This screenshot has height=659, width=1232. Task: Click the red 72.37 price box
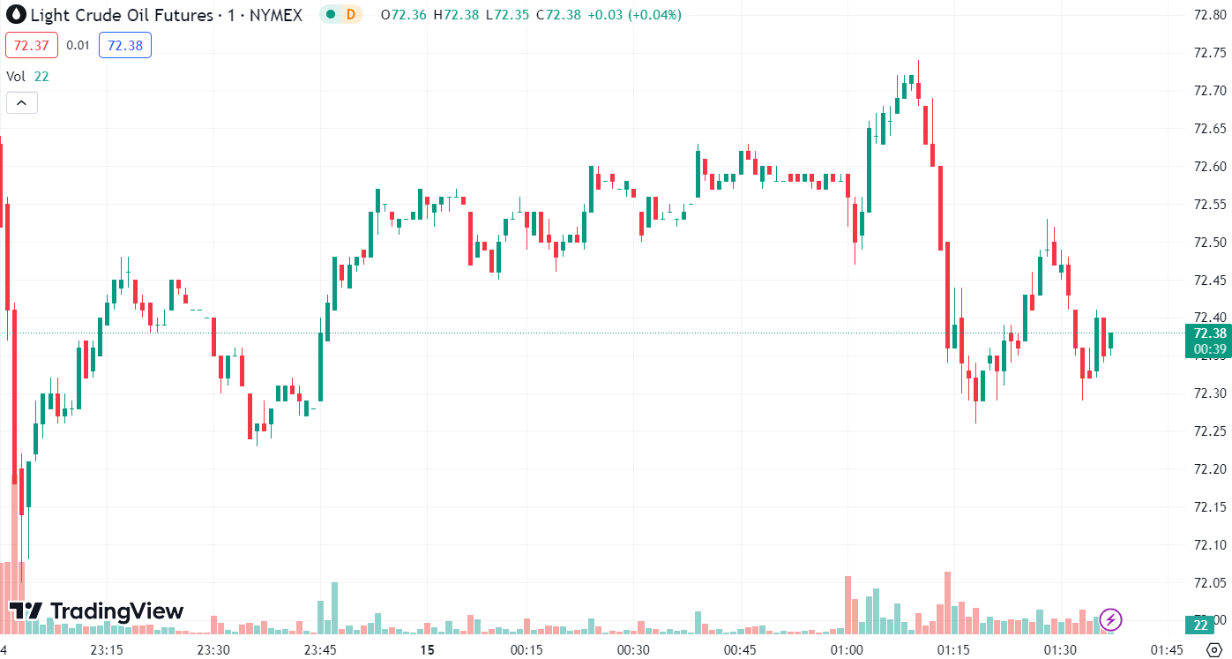[32, 45]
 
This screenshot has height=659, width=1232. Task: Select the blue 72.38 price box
[125, 45]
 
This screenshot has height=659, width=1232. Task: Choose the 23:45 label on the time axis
[320, 650]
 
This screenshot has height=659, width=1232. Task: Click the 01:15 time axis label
[953, 650]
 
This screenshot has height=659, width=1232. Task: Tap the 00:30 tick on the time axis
[633, 650]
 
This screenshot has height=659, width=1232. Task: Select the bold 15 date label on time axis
[428, 650]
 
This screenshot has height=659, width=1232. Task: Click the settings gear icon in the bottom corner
[1213, 650]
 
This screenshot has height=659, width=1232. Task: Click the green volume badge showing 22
[1200, 625]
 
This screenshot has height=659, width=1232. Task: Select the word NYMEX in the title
[275, 15]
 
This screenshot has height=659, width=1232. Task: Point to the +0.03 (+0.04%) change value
[640, 15]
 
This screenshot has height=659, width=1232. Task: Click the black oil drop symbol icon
[16, 15]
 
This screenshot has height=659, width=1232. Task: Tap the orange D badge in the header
[350, 14]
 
